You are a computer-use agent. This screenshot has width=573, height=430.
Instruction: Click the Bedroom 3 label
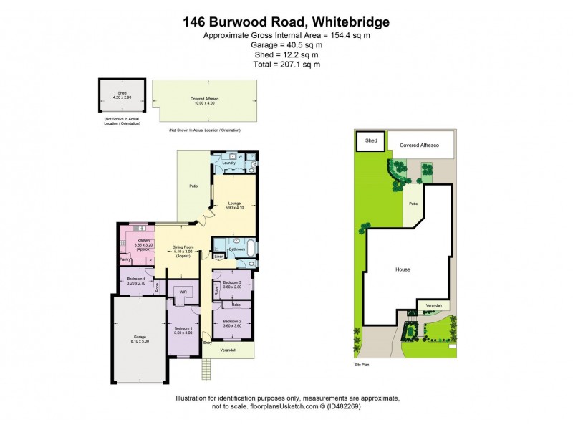pos(231,283)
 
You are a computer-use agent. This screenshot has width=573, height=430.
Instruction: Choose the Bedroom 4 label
pos(136,279)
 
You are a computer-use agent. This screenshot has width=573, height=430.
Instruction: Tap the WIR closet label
pos(183,292)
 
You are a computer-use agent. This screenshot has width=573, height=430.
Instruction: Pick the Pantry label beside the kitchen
pos(125,259)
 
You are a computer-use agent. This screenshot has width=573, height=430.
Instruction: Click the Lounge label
pos(234,204)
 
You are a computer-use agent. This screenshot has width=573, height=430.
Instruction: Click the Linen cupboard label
pos(219,255)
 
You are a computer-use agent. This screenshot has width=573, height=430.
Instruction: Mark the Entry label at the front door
pos(208,343)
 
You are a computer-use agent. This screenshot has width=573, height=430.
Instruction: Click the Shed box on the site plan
pos(371,141)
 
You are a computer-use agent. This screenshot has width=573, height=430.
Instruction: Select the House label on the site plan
pos(403,270)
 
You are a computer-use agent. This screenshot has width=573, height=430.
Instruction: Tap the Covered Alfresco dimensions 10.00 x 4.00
pos(204,103)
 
